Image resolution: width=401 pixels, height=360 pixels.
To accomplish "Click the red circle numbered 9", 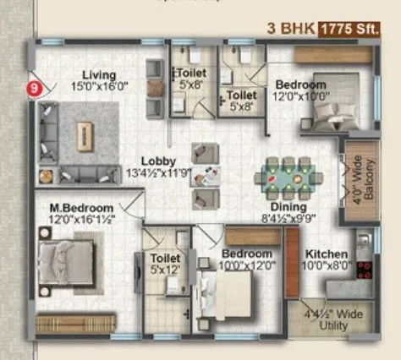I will tap(34, 85).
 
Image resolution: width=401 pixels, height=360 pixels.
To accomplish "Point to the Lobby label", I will tap(158, 161).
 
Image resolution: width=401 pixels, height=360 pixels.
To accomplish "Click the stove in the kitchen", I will tap(365, 270).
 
